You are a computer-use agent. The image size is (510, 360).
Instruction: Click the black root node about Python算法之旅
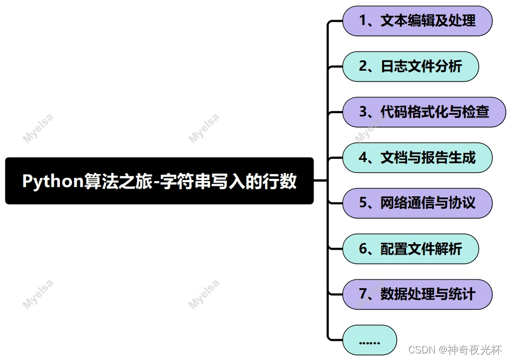tap(159, 181)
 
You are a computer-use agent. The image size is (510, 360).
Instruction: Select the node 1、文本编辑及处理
tap(417, 21)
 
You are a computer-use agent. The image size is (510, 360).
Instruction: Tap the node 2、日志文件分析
tap(410, 67)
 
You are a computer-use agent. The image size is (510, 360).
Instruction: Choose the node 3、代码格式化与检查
tap(424, 113)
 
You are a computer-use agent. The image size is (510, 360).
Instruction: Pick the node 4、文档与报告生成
tap(417, 158)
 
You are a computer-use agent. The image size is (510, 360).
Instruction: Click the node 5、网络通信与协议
tap(417, 203)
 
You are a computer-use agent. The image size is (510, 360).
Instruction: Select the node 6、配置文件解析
tap(410, 249)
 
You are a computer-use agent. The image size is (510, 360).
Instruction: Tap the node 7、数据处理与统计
tap(417, 295)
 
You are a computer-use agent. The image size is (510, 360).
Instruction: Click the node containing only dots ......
tap(370, 340)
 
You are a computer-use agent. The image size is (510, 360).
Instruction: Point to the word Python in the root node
tap(52, 181)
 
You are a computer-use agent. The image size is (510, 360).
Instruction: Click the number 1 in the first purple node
tap(362, 21)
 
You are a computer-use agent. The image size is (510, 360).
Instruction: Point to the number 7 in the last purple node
tap(362, 295)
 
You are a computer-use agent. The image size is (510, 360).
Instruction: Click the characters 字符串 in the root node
tap(189, 181)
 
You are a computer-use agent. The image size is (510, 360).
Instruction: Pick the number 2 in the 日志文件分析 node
tap(363, 67)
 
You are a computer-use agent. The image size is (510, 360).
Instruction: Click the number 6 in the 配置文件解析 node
tap(363, 249)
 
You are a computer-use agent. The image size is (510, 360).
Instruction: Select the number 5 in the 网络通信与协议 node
tap(363, 203)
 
